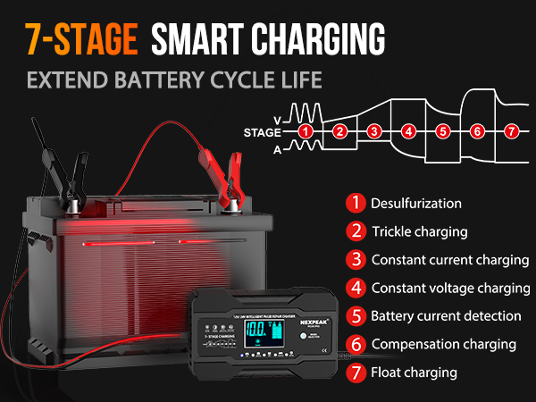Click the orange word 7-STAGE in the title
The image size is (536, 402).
[81, 39]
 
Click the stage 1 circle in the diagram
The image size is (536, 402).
[306, 131]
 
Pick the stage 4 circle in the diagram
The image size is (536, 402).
[408, 131]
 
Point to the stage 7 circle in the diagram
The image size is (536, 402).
[511, 131]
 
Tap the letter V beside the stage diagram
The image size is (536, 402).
[277, 116]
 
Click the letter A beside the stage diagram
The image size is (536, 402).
[277, 149]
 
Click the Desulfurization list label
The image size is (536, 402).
[416, 203]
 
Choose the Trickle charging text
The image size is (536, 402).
[419, 231]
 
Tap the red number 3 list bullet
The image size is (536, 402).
[356, 260]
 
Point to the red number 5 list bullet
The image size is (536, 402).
[356, 315]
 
